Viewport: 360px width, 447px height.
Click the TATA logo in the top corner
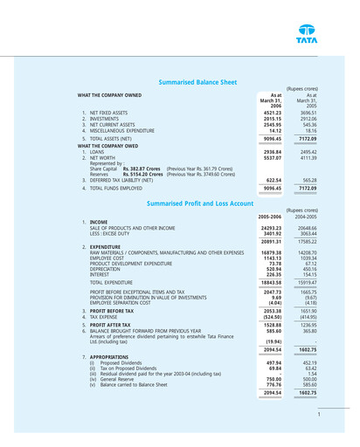pyautogui.click(x=327, y=25)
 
